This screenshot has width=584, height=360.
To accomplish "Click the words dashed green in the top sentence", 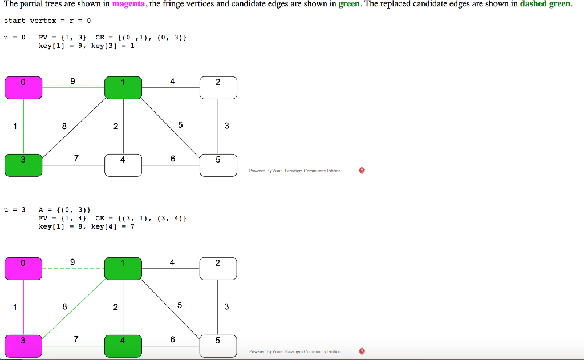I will (545, 5).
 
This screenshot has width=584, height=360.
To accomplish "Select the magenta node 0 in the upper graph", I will (23, 87).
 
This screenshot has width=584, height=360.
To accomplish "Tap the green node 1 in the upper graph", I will (123, 87).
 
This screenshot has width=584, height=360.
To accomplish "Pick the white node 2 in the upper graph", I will (218, 87).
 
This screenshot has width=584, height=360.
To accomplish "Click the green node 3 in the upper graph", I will (23, 165).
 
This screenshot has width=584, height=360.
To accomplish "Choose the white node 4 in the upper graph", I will (123, 165).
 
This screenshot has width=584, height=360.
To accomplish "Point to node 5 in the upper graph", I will (218, 165).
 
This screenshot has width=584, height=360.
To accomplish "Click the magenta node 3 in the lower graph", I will (23, 346).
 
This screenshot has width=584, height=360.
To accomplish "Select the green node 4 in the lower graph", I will (123, 346).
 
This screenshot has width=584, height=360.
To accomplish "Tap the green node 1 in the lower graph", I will (123, 268).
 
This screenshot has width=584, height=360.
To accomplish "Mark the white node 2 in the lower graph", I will (218, 268).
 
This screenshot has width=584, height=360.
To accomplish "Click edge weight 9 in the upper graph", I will (72, 81).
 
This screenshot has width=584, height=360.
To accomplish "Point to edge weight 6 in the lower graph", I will (173, 339).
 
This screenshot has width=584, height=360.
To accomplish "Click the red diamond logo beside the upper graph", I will (362, 171).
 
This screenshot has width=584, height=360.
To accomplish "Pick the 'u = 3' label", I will (14, 209).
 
